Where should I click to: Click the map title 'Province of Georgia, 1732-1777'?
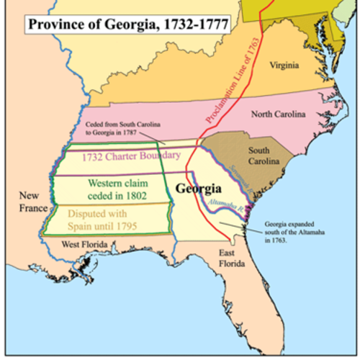pyautogui.click(x=128, y=24)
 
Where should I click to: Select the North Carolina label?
pyautogui.click(x=278, y=114)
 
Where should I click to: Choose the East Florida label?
pyautogui.click(x=233, y=258)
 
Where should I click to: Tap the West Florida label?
pyautogui.click(x=89, y=245)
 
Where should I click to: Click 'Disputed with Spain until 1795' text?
pyautogui.click(x=104, y=219)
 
